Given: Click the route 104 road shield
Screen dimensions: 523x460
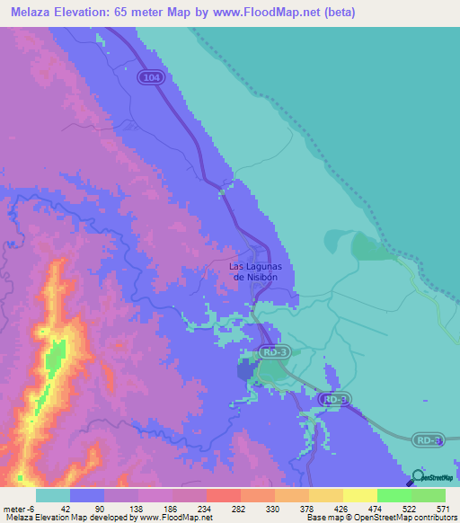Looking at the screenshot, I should (x=152, y=79).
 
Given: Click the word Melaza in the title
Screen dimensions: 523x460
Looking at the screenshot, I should (x=31, y=13).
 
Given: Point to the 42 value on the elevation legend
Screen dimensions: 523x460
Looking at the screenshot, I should (x=53, y=508).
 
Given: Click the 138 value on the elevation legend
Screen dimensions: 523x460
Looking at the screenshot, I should (x=122, y=508).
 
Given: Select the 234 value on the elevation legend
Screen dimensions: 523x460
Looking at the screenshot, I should (x=190, y=508).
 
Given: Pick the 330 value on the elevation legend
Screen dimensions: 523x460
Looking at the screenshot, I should (x=259, y=508).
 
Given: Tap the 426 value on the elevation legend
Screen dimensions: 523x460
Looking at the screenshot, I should (x=327, y=508).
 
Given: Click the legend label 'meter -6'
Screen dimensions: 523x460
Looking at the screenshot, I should (x=17, y=508).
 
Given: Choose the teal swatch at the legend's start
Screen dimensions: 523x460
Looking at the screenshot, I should (x=53, y=495).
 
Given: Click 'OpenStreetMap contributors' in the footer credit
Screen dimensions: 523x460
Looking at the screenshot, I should (x=409, y=518).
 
